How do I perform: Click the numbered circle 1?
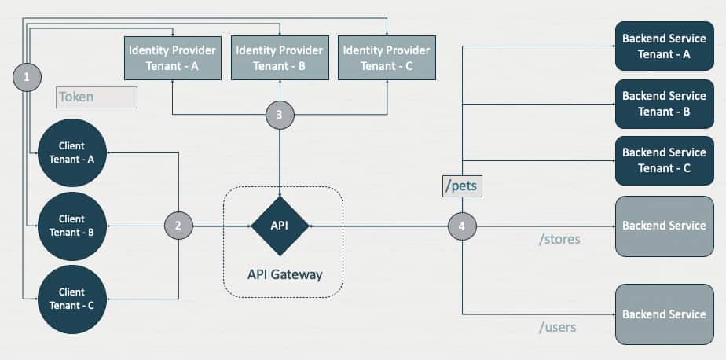pos(27,77)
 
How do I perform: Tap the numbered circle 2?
pos(178,226)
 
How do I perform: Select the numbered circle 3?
pos(280,115)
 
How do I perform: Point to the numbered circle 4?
pos(462,226)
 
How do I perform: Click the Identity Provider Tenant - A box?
pos(172,57)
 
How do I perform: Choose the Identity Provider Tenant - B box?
pos(279,57)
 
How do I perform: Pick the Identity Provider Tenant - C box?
pos(386,57)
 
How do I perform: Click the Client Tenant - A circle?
pos(71,153)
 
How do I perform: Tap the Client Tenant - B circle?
pos(71,225)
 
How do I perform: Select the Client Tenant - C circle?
pos(71,299)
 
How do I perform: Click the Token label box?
pos(97,97)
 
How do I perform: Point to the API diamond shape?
pos(280,226)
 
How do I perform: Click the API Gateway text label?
pos(284,275)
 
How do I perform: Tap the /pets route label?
pos(462,187)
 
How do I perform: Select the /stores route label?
pos(559,238)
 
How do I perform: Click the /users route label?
pos(557,326)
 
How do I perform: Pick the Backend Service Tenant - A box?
pos(664,46)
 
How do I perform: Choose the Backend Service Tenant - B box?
pos(664,103)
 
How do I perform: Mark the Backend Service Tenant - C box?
pos(664,160)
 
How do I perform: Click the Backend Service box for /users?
pos(664,314)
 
